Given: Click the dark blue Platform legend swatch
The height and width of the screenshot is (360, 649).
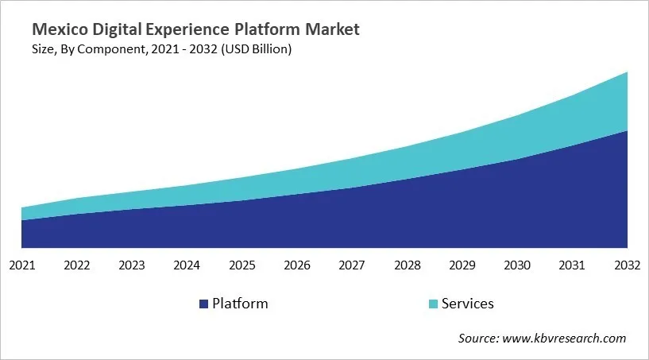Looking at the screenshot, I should point(204,304).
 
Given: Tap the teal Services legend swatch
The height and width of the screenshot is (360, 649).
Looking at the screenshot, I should point(432,304).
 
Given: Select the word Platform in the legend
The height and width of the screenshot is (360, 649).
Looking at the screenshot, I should point(240,304).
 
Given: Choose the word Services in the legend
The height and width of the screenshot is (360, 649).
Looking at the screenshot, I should point(468,304).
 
